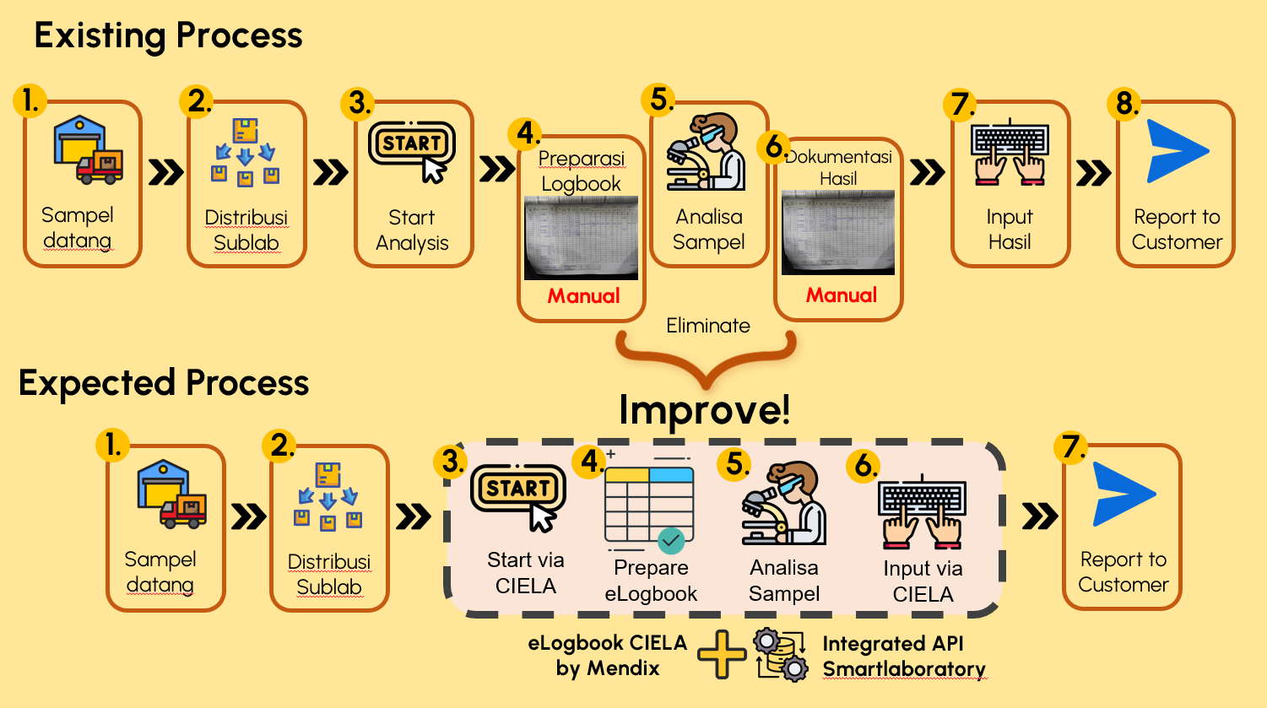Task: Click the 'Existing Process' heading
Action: pyautogui.click(x=168, y=35)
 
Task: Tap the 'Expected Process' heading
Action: pyautogui.click(x=164, y=383)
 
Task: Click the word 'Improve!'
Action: pyautogui.click(x=705, y=410)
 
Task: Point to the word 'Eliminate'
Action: pyautogui.click(x=707, y=326)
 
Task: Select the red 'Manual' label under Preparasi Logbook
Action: pyautogui.click(x=583, y=296)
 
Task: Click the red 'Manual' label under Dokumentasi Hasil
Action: pyautogui.click(x=841, y=295)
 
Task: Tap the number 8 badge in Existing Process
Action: pyautogui.click(x=1125, y=104)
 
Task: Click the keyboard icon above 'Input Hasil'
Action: pyautogui.click(x=1010, y=153)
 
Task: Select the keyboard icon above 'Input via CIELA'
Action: pyautogui.click(x=922, y=510)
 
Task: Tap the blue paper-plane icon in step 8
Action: pyautogui.click(x=1177, y=152)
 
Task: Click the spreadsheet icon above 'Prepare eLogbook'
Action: pyautogui.click(x=649, y=505)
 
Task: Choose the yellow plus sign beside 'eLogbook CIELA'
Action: pyautogui.click(x=722, y=655)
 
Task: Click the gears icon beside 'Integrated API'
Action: pyautogui.click(x=781, y=655)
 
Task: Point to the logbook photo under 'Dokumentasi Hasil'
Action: pyautogui.click(x=837, y=233)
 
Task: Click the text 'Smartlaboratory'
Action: pyautogui.click(x=904, y=669)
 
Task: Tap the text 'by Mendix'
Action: pyautogui.click(x=607, y=668)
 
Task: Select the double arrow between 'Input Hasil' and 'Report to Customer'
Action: pyautogui.click(x=1093, y=173)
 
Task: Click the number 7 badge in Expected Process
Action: pyautogui.click(x=1072, y=446)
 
